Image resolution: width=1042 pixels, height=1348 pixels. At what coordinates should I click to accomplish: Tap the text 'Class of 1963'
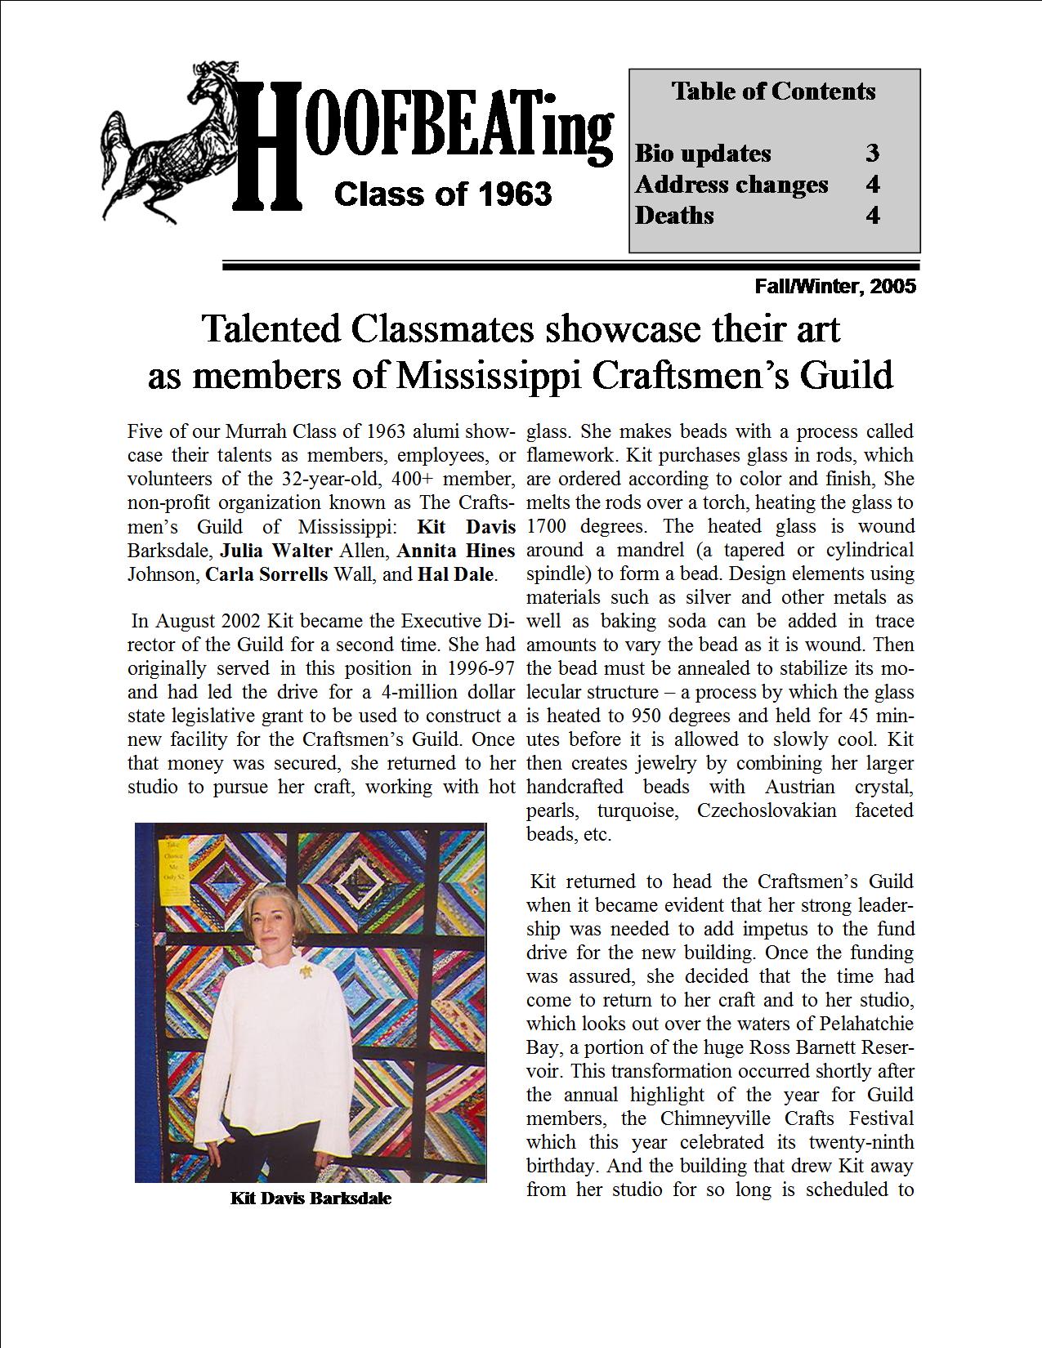click(x=443, y=194)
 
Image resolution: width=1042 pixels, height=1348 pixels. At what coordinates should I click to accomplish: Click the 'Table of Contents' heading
click(x=773, y=91)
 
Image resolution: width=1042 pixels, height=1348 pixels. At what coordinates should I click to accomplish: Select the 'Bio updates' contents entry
click(x=703, y=154)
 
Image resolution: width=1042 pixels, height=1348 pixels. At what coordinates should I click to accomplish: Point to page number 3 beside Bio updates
click(x=873, y=154)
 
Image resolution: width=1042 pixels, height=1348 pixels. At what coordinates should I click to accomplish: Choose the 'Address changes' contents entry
click(x=731, y=185)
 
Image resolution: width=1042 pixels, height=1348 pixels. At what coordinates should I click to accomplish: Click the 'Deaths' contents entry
click(x=674, y=216)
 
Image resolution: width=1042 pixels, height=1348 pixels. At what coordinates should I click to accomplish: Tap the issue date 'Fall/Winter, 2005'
click(x=834, y=287)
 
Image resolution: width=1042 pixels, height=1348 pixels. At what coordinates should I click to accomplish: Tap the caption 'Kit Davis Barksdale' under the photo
click(x=311, y=1199)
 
